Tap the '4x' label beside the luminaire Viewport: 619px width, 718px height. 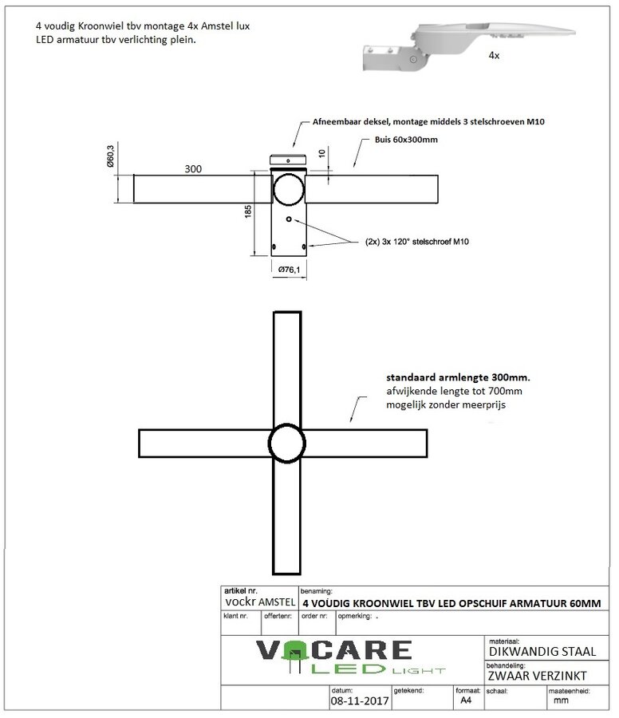[495, 57]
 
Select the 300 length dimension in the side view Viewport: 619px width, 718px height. [192, 168]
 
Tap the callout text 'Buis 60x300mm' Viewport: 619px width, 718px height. [405, 140]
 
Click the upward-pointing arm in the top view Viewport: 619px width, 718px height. [287, 367]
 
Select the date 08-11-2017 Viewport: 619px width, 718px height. [359, 701]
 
